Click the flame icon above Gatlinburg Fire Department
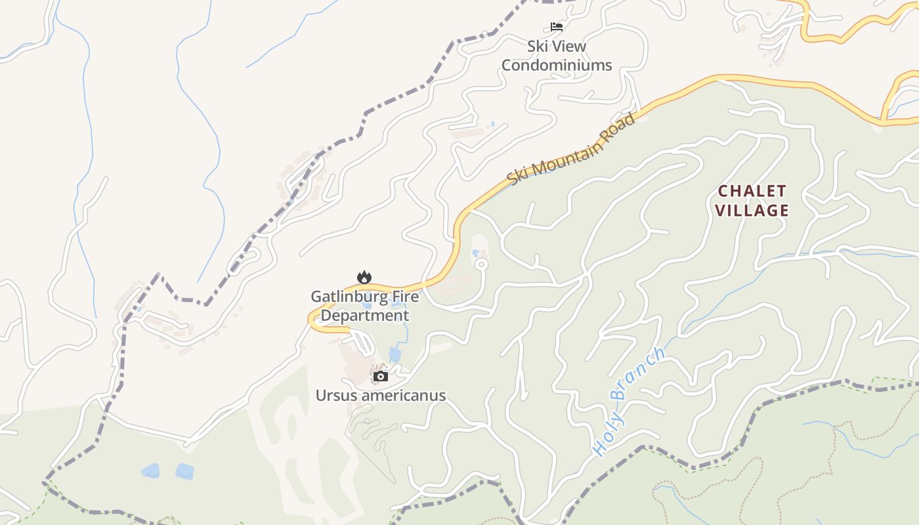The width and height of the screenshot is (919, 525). pyautogui.click(x=364, y=278)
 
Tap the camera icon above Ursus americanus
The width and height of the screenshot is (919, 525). pyautogui.click(x=381, y=376)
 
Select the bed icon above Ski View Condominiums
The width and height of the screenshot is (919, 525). pyautogui.click(x=557, y=27)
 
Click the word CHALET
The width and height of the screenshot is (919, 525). pyautogui.click(x=752, y=191)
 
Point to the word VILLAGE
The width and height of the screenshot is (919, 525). pyautogui.click(x=752, y=210)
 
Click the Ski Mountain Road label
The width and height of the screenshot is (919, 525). pyautogui.click(x=572, y=149)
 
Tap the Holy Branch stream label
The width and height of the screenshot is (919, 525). pyautogui.click(x=628, y=402)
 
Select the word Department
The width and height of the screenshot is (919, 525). pyautogui.click(x=365, y=316)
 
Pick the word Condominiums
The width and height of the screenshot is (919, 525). pyautogui.click(x=557, y=65)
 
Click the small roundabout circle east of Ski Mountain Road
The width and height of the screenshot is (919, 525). pyautogui.click(x=481, y=264)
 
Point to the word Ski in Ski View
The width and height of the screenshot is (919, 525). pyautogui.click(x=540, y=47)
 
